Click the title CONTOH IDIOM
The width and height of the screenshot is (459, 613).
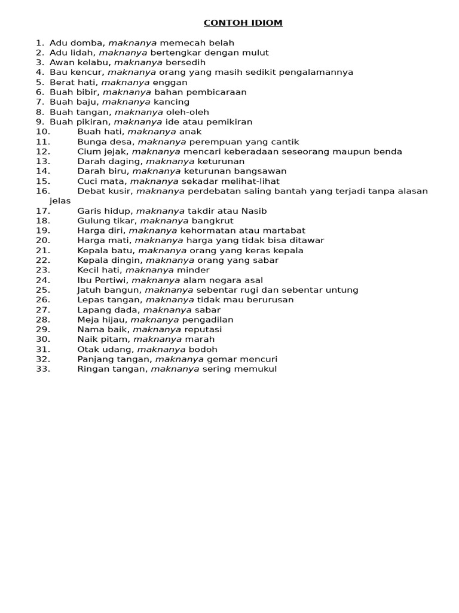point(243,23)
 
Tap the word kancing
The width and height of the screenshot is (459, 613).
point(172,102)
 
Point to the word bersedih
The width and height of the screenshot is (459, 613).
point(186,63)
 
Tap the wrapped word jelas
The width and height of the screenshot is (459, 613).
point(60,201)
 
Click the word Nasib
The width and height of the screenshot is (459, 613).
point(253,211)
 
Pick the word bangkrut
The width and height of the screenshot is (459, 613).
point(212,221)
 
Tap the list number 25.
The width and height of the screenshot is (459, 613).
point(43,290)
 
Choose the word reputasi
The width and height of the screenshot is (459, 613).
point(203,330)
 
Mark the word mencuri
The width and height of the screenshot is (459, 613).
point(258,359)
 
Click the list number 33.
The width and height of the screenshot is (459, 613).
point(43,369)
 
